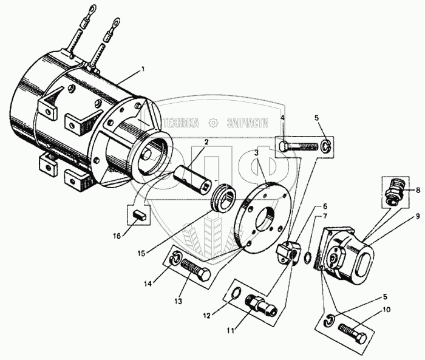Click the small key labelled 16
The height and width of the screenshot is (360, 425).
(140, 214)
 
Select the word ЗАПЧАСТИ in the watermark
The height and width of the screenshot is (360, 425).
(247, 122)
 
